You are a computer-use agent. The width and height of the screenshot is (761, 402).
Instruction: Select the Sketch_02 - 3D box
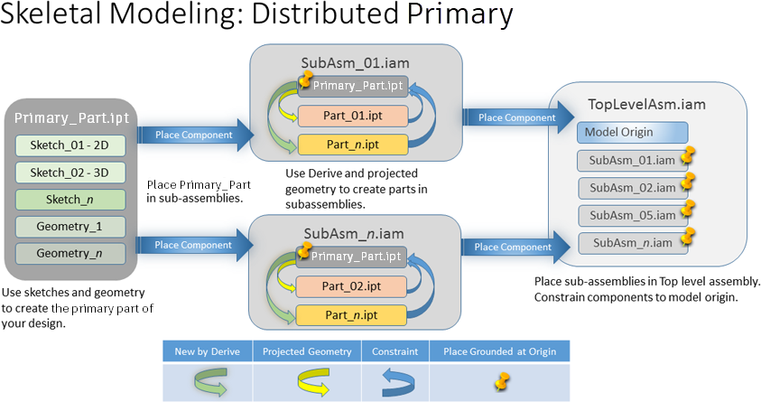tap(70, 173)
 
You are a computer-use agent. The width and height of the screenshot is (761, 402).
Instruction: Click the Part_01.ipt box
tap(353, 116)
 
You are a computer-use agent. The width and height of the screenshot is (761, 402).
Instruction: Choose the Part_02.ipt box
tap(353, 287)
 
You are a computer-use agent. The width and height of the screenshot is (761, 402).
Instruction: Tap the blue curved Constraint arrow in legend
tap(394, 379)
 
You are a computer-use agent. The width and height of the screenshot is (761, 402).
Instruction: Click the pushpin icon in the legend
tap(499, 379)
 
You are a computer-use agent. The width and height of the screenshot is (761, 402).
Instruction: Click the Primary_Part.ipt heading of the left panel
tap(70, 118)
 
